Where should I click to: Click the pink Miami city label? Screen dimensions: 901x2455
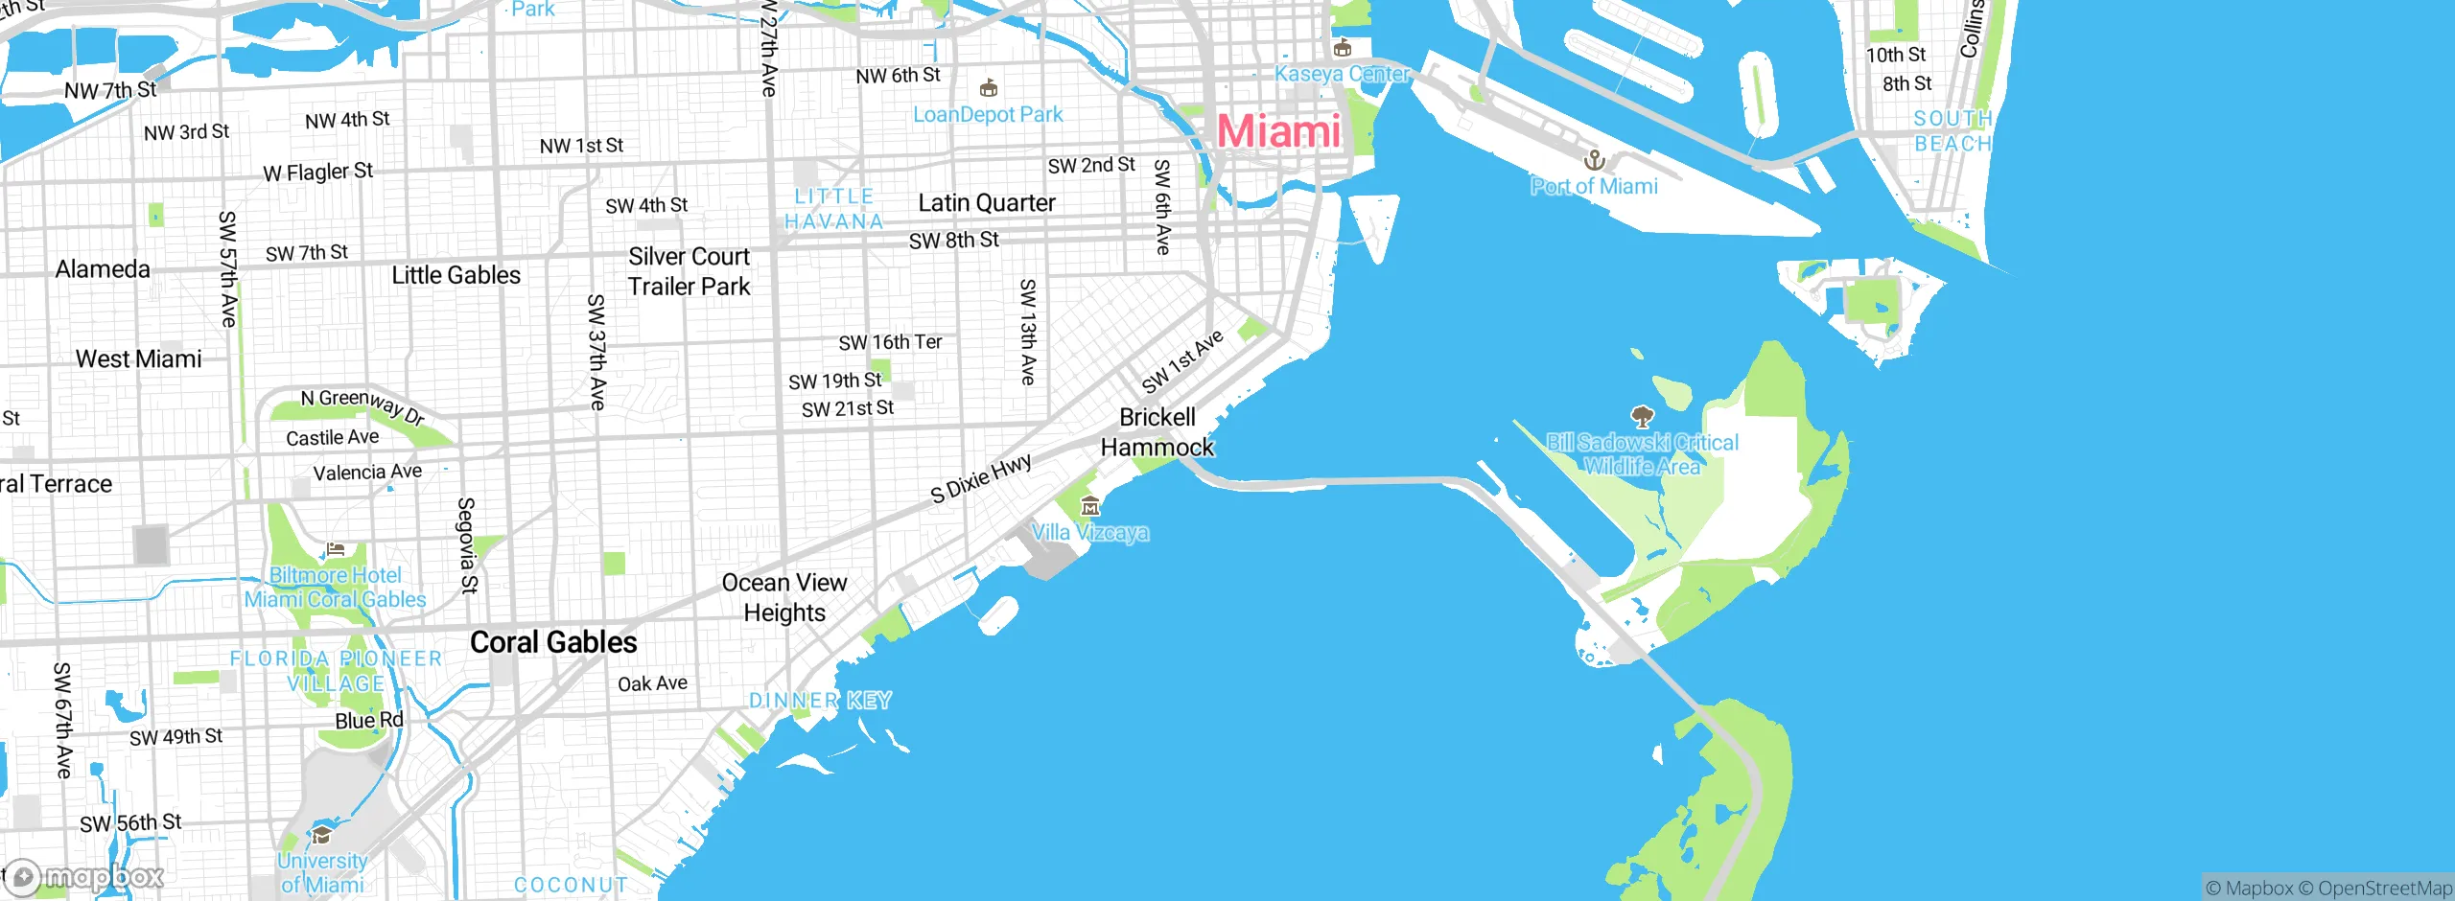click(1278, 131)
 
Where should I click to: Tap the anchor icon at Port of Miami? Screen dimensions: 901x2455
click(1594, 159)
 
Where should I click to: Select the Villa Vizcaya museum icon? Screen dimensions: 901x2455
click(1090, 506)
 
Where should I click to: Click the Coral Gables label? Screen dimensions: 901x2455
click(553, 642)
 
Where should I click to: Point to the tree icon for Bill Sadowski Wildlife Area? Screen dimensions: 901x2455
click(1642, 416)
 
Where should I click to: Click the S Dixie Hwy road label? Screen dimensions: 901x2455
click(981, 478)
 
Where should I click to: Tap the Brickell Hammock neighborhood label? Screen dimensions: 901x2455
click(1157, 432)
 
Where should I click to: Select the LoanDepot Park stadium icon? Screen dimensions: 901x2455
click(989, 89)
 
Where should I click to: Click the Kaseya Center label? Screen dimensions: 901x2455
click(1342, 74)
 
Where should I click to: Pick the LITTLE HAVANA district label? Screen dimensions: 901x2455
click(833, 209)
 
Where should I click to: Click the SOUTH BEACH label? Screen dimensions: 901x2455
click(1952, 131)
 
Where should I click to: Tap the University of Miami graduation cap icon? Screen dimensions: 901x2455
click(322, 834)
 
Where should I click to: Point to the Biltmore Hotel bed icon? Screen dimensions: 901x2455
click(336, 549)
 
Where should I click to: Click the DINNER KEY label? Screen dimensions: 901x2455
click(820, 701)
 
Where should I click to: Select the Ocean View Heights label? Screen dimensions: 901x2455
click(784, 597)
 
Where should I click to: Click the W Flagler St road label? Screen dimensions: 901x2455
click(317, 173)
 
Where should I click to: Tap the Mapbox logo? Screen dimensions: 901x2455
click(84, 876)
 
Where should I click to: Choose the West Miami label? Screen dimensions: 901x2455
click(139, 359)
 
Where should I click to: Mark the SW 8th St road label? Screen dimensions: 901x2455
click(953, 241)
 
